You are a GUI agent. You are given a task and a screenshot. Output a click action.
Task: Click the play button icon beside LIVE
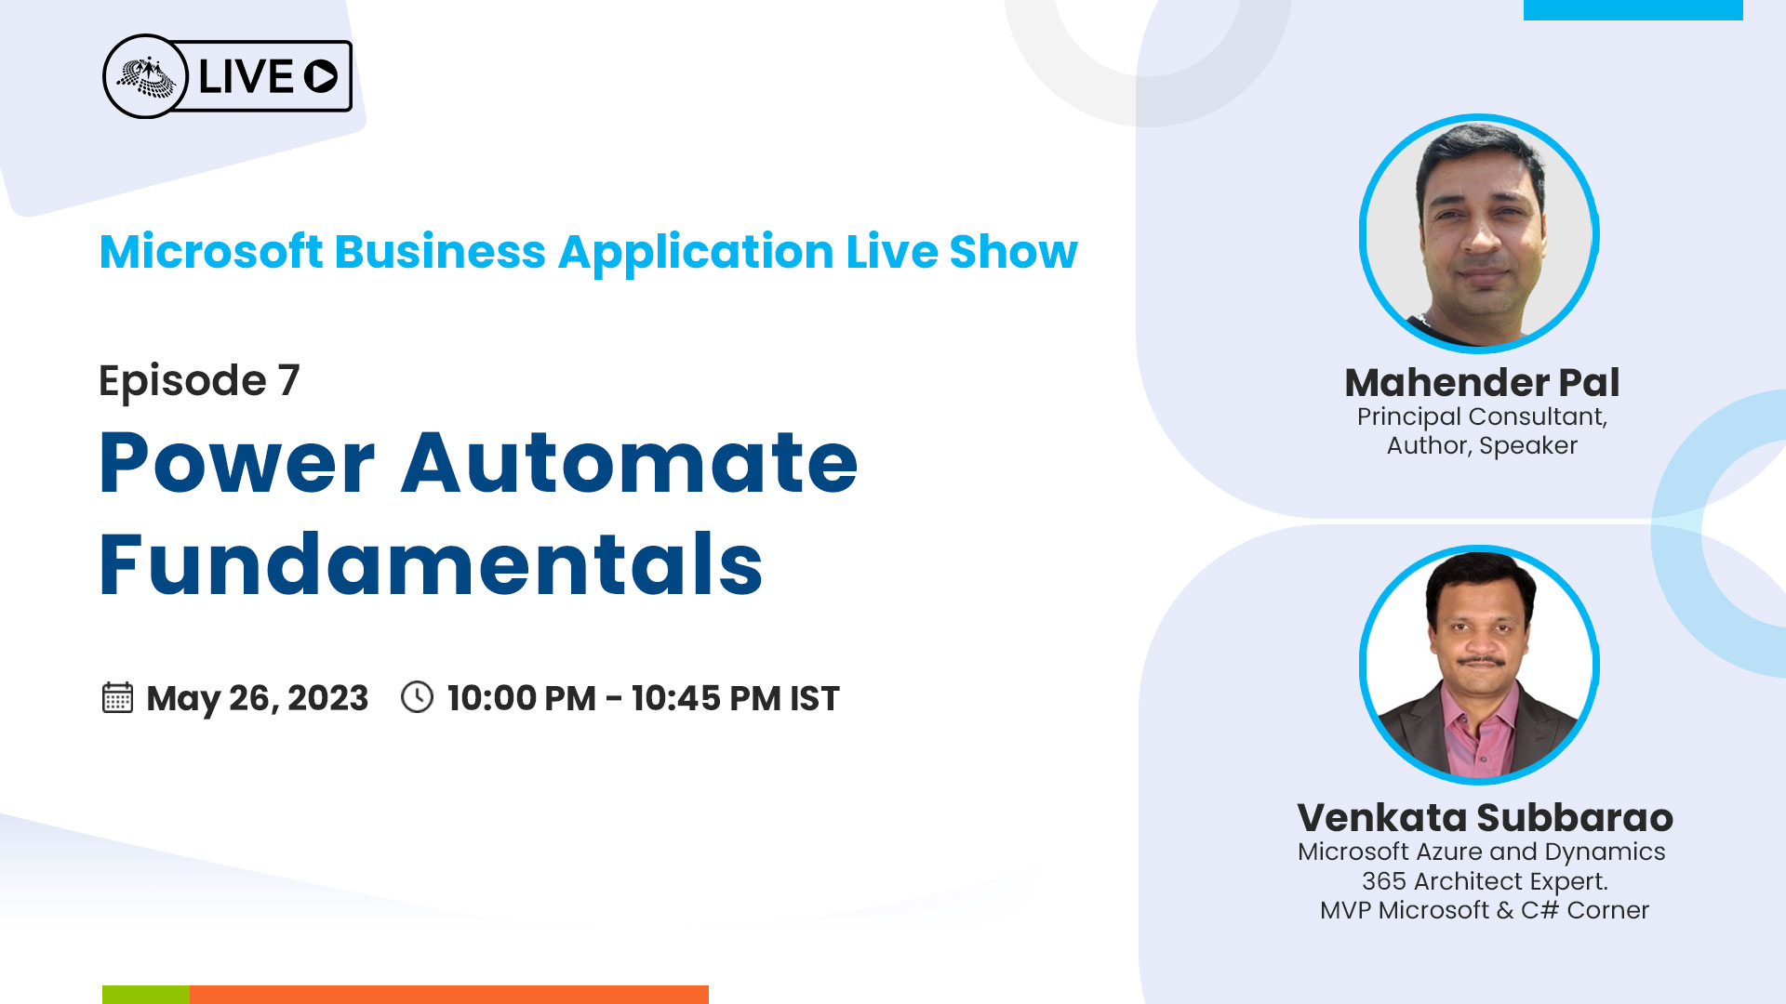[321, 76]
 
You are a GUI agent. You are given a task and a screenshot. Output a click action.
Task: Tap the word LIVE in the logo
[247, 76]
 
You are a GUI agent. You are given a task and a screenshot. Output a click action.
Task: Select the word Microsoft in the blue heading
[211, 252]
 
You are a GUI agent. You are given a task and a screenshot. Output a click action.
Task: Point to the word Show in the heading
[1013, 252]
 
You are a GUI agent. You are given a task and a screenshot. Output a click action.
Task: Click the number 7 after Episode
[289, 380]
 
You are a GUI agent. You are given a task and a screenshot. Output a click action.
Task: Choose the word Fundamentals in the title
[431, 563]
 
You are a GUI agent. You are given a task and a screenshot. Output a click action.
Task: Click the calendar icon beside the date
[117, 697]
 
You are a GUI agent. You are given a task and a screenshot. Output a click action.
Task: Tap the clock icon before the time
[417, 697]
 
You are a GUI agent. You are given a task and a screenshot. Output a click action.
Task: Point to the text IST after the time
[815, 698]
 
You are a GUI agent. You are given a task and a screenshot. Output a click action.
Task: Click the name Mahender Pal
[1482, 383]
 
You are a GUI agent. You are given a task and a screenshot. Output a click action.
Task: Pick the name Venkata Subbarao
[1485, 818]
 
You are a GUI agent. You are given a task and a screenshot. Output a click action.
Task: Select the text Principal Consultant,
[1482, 416]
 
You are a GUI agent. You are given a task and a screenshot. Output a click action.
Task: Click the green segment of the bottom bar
[146, 994]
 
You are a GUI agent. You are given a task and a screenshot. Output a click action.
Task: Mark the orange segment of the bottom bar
[448, 994]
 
